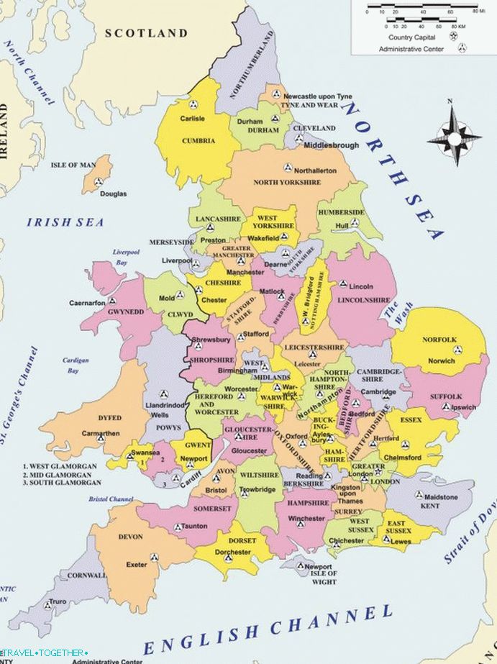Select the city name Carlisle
[192, 119]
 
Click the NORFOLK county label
[439, 340]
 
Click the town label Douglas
[113, 194]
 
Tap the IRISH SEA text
[65, 222]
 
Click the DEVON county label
[130, 537]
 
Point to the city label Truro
[58, 601]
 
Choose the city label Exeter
[136, 565]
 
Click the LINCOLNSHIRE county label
[363, 300]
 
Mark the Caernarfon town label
[87, 303]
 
